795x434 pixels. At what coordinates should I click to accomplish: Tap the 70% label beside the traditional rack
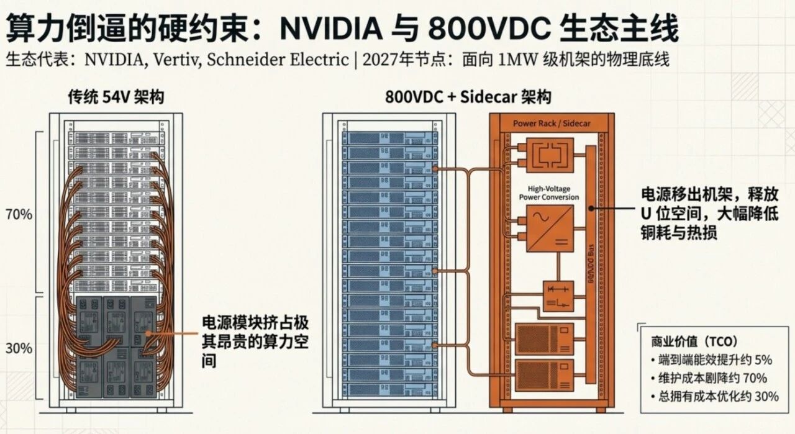click(19, 215)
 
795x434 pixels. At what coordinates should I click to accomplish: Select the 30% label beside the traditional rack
click(19, 348)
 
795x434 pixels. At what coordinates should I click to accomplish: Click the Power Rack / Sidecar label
click(552, 124)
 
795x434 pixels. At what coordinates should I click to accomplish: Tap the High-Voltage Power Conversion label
click(548, 192)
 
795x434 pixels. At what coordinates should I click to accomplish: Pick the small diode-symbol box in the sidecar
click(558, 296)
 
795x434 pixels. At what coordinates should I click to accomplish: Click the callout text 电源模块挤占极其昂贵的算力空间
click(255, 341)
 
